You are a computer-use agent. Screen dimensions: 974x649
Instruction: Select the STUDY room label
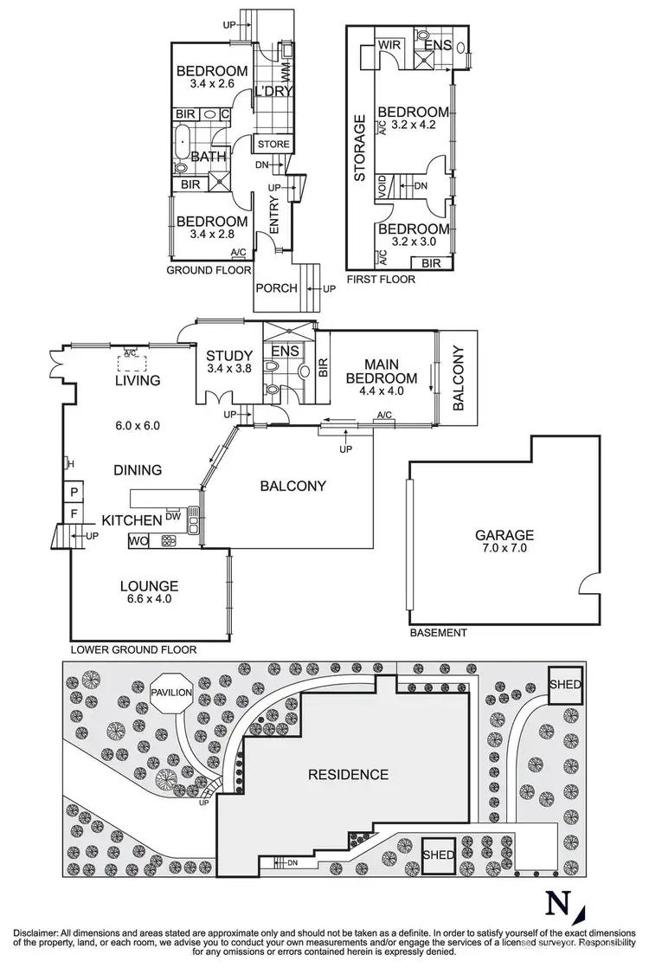pyautogui.click(x=229, y=356)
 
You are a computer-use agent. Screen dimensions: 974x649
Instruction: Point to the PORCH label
pyautogui.click(x=276, y=288)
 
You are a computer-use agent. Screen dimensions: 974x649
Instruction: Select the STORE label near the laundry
pyautogui.click(x=273, y=144)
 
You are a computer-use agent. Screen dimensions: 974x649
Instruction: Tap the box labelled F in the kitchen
pyautogui.click(x=74, y=514)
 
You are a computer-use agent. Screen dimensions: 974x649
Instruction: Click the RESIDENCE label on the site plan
pyautogui.click(x=349, y=774)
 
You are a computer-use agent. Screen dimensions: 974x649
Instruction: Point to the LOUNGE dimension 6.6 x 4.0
pyautogui.click(x=149, y=601)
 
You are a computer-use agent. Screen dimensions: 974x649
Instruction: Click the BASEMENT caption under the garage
pyautogui.click(x=438, y=633)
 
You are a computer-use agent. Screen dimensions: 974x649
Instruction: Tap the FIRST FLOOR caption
pyautogui.click(x=380, y=280)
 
